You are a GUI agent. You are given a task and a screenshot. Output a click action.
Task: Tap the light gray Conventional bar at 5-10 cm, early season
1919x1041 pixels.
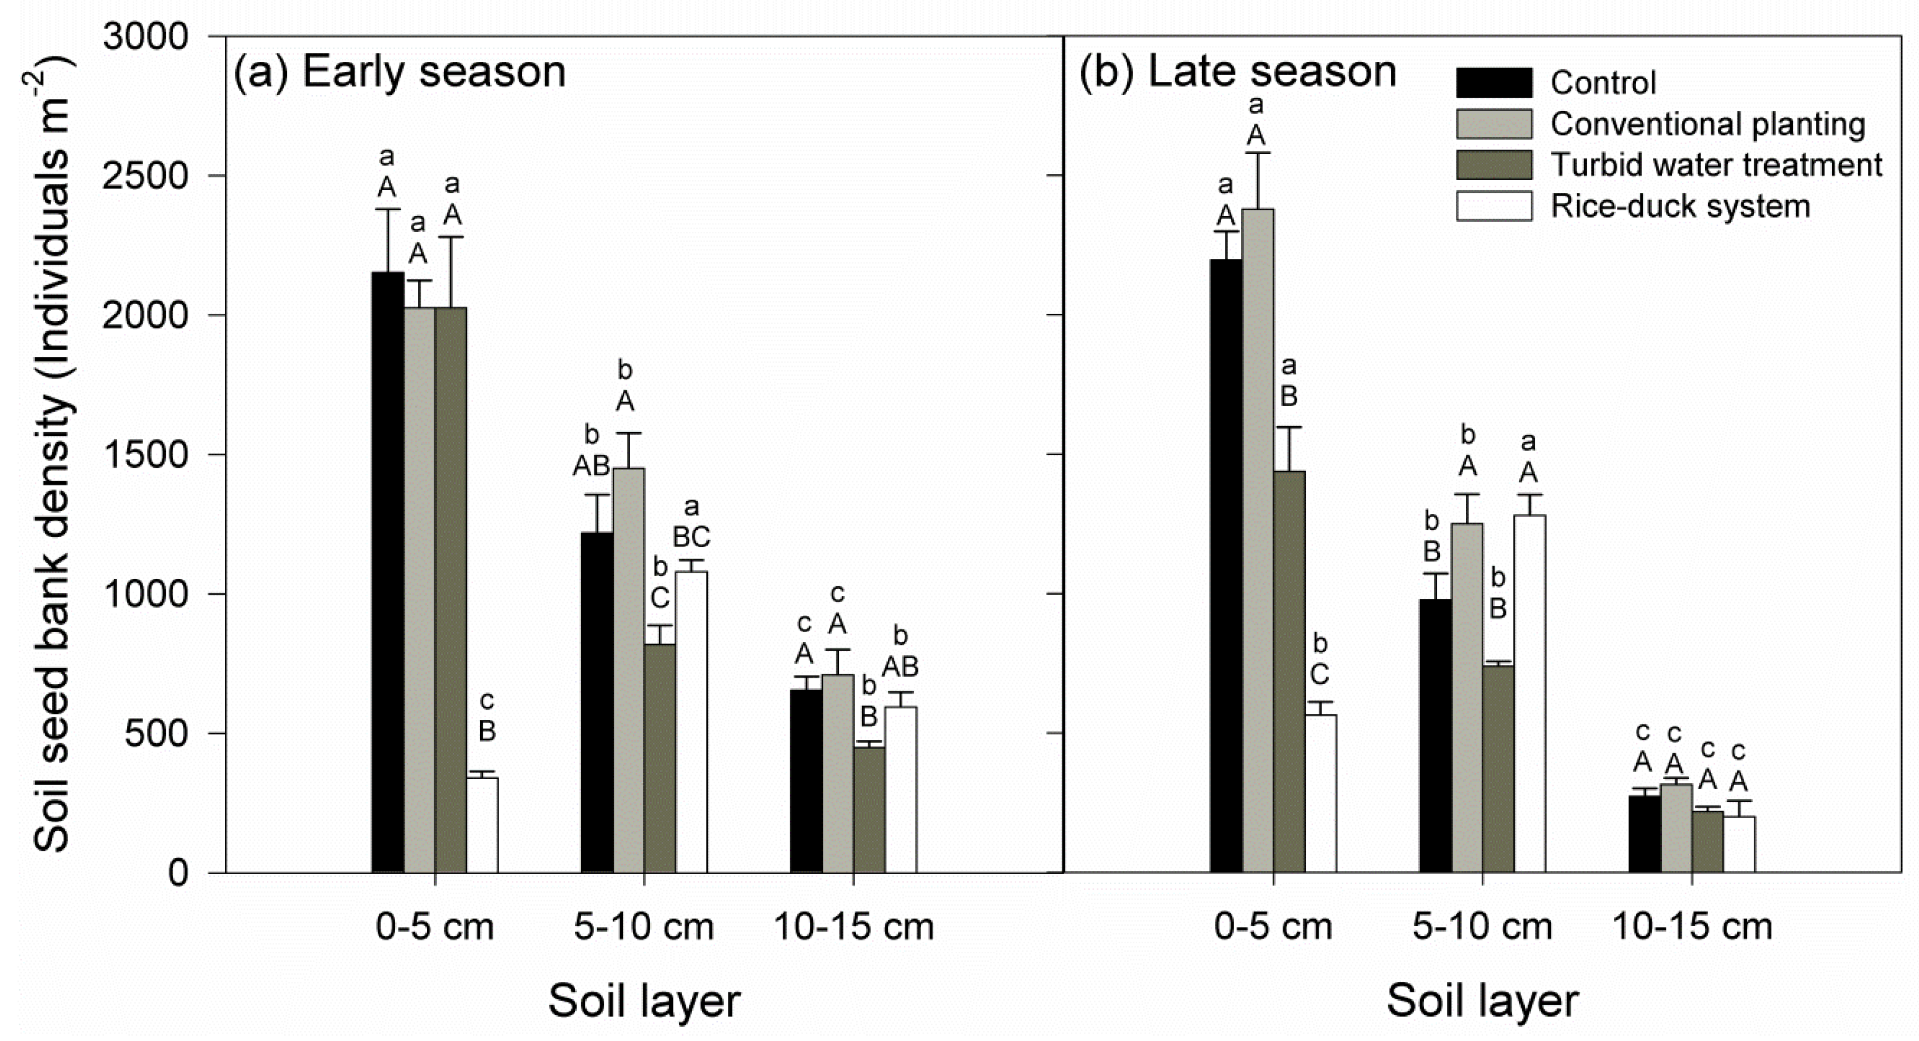tap(629, 670)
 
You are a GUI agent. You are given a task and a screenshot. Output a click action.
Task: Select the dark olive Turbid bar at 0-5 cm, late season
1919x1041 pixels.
tap(1289, 671)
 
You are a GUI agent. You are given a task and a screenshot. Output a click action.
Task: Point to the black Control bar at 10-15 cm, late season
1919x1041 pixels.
tap(1645, 833)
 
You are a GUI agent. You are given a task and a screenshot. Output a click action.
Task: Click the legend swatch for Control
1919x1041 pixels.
tap(1494, 82)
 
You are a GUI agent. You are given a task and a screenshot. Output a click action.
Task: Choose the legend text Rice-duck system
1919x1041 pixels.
tap(1680, 207)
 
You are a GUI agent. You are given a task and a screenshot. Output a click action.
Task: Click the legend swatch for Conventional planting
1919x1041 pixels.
tap(1494, 124)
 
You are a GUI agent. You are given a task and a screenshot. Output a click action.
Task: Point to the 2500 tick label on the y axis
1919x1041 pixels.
tap(145, 176)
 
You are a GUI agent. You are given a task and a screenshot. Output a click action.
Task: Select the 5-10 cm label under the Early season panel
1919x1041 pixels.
tap(644, 927)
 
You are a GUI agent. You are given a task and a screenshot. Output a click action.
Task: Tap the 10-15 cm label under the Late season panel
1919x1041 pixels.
tap(1692, 927)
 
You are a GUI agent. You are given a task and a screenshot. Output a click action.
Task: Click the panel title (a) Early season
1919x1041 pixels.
tap(399, 73)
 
